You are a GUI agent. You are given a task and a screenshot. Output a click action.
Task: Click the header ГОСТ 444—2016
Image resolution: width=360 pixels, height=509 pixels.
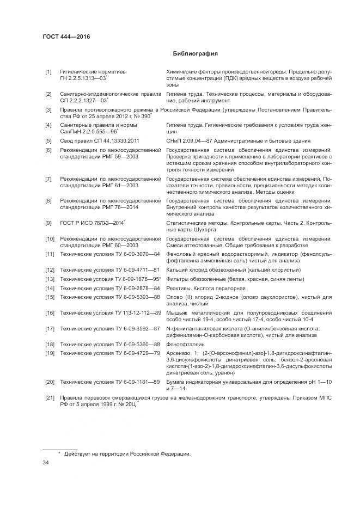(x=66, y=36)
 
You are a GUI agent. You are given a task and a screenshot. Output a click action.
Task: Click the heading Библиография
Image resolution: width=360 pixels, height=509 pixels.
(x=195, y=54)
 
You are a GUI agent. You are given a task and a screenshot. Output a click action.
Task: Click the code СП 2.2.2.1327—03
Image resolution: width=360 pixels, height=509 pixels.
(x=83, y=101)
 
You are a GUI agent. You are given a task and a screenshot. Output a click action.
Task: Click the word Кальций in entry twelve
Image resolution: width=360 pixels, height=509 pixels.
(x=176, y=269)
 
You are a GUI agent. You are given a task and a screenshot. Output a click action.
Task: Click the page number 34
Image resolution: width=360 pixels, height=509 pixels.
(x=46, y=463)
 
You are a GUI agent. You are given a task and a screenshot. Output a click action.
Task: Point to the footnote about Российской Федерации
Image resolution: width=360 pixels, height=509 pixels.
(x=127, y=453)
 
